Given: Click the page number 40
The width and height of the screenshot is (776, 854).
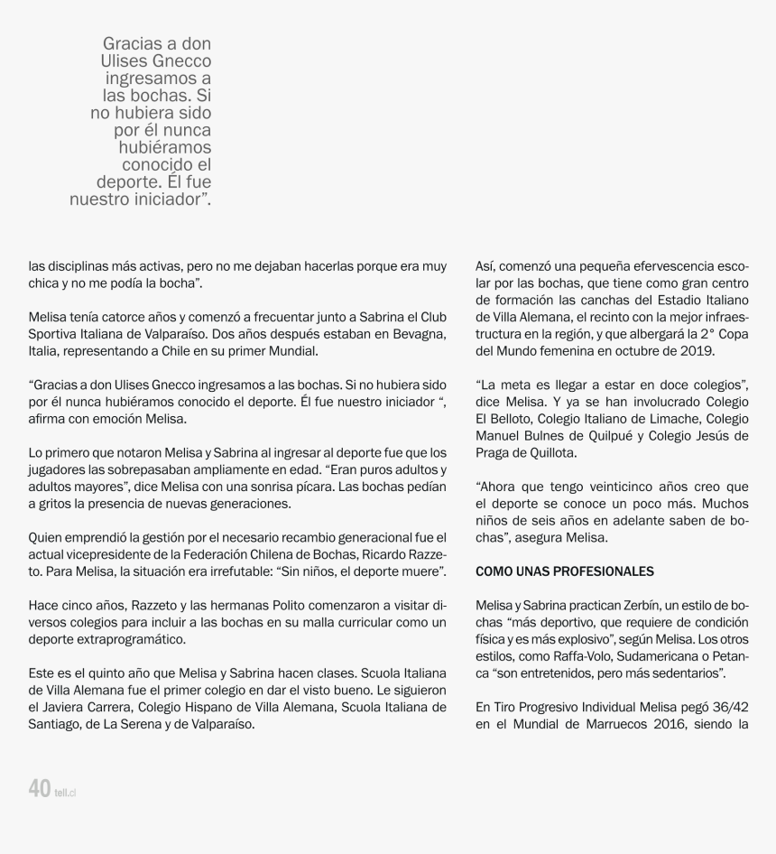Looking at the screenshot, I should (39, 788).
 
